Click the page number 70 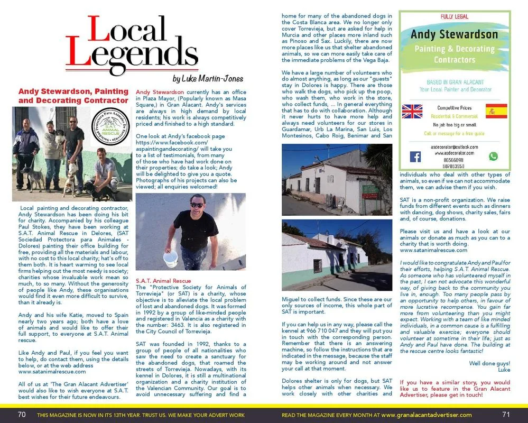point(22,415)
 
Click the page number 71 point(506,415)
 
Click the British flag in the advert point(412,111)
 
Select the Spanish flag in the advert point(496,112)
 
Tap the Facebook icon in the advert point(415,157)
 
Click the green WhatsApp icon point(493,157)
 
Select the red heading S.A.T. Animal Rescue point(163,281)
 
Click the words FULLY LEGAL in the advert point(455,17)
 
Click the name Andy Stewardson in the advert point(455,34)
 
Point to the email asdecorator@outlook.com point(454,145)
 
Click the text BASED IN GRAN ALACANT point(454,83)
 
